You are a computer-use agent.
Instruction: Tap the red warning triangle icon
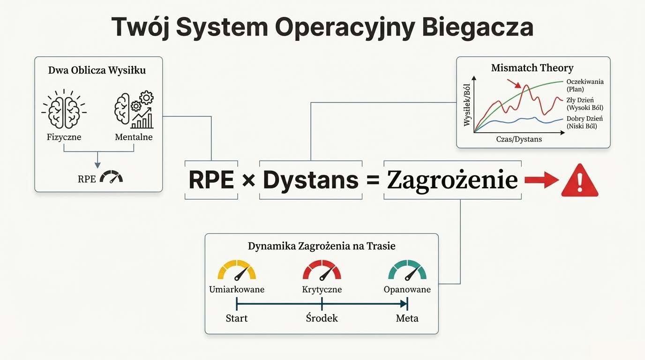tap(579, 180)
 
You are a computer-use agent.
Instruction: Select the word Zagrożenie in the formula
tap(452, 180)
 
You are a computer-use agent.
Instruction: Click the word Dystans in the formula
tap(310, 180)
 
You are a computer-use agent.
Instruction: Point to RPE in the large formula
tap(211, 180)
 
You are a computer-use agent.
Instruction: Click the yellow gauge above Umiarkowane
tap(237, 270)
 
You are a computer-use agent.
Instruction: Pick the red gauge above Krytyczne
tap(322, 270)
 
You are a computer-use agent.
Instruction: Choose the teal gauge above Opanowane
tap(407, 270)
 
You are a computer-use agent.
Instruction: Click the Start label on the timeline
tap(236, 318)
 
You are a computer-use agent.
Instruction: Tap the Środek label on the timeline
tap(322, 318)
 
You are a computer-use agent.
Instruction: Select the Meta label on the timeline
tap(407, 318)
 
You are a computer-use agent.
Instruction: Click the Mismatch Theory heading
tap(532, 68)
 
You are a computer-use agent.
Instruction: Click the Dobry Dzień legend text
tap(584, 119)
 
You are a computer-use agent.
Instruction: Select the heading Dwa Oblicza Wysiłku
tap(97, 71)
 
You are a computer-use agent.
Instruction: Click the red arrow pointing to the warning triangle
tap(541, 180)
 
